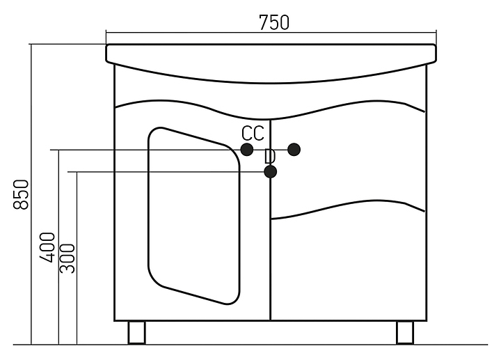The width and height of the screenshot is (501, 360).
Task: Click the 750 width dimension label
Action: tap(273, 22)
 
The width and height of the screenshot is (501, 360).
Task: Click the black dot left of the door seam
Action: tap(246, 149)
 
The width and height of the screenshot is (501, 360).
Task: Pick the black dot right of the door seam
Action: tap(294, 149)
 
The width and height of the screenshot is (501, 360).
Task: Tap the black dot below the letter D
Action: tap(270, 171)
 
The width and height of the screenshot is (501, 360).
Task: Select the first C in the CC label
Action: tap(248, 133)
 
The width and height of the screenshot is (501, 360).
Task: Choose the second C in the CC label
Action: tap(259, 133)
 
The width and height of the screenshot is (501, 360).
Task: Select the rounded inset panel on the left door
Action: tap(193, 216)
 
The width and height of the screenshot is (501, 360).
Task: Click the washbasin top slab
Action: tap(271, 54)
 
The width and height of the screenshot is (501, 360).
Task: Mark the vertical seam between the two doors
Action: tap(270, 265)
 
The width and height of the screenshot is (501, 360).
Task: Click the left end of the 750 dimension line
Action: tap(106, 32)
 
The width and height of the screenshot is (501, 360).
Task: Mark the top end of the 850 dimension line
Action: tap(31, 44)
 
